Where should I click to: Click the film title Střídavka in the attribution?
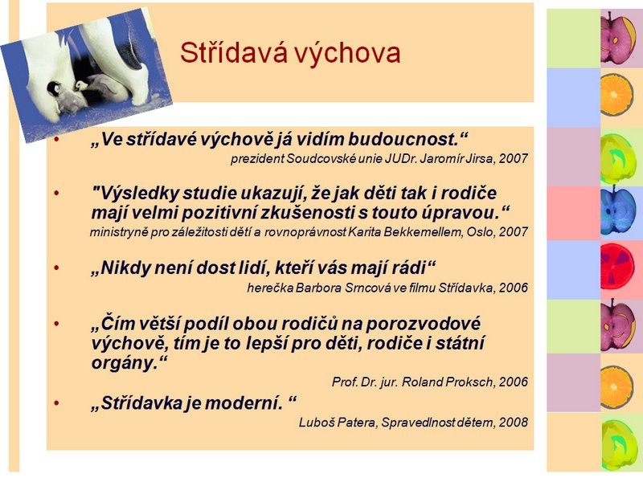tap(466, 288)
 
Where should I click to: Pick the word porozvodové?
tap(423, 325)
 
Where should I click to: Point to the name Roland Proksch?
tap(448, 382)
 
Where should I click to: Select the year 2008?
tap(514, 423)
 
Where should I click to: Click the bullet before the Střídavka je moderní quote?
tap(56, 403)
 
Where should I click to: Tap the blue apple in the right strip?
tap(617, 211)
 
